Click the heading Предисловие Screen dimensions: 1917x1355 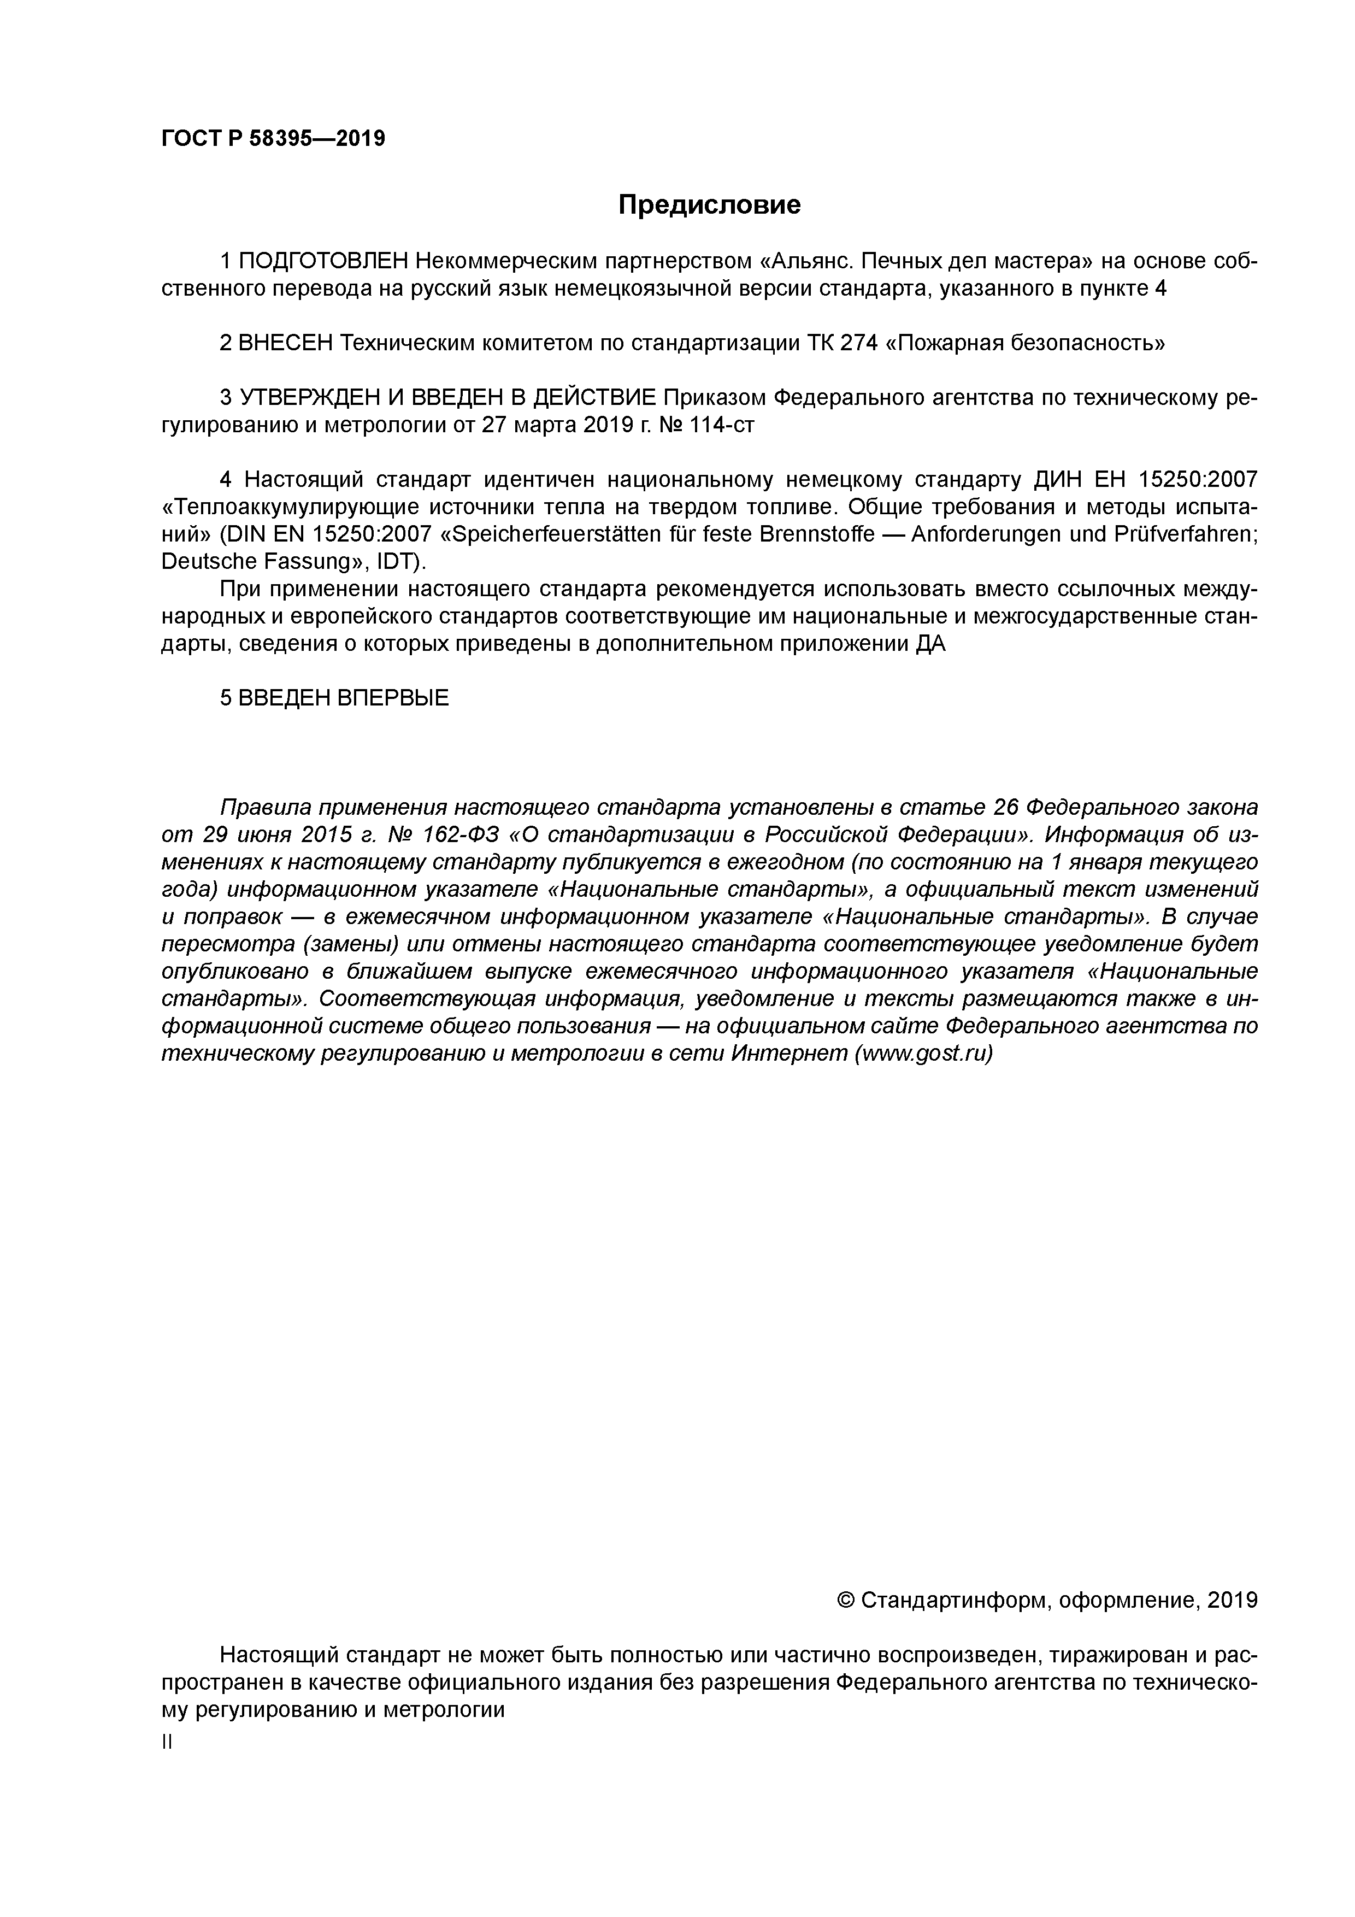coord(709,204)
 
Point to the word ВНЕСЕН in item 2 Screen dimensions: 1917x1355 coord(286,343)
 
